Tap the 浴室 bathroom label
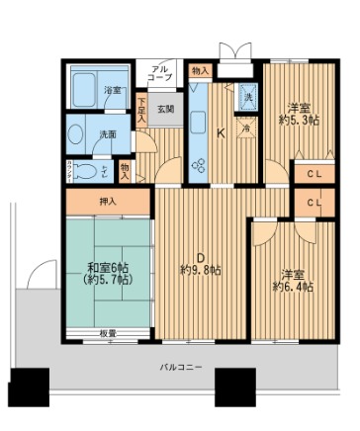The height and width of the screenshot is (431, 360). click(x=114, y=90)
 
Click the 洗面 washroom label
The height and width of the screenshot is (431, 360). click(x=107, y=133)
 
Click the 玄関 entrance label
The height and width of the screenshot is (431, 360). click(x=164, y=110)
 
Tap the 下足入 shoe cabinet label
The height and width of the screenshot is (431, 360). click(x=142, y=108)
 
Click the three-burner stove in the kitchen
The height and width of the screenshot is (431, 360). click(x=197, y=163)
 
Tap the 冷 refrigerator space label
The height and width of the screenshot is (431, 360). click(x=245, y=128)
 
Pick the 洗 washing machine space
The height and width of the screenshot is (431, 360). click(x=248, y=97)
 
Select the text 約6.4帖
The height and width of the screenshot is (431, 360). click(x=293, y=287)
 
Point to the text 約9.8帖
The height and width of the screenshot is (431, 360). click(x=201, y=270)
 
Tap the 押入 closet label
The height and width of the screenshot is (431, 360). click(x=110, y=203)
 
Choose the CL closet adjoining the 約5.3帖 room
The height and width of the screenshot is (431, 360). click(x=313, y=175)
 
